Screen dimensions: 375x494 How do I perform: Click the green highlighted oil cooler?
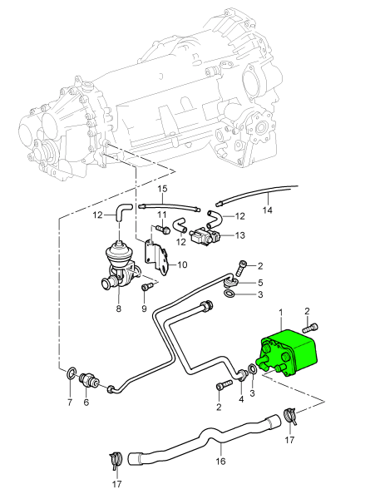(x=288, y=353)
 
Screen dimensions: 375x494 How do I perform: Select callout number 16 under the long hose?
(x=220, y=462)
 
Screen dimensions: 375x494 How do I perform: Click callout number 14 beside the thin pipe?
(x=268, y=210)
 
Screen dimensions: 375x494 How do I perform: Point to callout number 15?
(x=162, y=189)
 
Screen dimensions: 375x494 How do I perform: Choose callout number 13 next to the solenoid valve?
(x=240, y=235)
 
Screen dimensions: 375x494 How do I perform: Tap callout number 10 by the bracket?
(x=182, y=264)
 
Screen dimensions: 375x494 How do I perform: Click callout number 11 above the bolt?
(x=162, y=215)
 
